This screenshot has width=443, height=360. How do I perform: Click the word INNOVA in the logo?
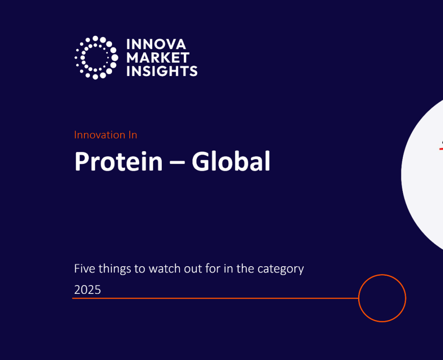coord(156,44)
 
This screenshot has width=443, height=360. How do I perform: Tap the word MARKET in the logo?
coord(157,58)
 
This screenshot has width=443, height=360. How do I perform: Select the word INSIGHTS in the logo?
coord(162,71)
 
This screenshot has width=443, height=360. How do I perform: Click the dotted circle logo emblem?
coord(96,57)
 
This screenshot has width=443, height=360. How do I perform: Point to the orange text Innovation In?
coord(106,135)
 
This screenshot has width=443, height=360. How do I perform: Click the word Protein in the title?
coord(119,161)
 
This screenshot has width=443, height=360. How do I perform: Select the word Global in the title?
coord(231,161)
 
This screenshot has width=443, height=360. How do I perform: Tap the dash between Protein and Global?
coord(177,163)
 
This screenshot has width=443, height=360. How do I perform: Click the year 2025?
coord(87,290)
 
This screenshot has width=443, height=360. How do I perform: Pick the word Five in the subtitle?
coord(84,268)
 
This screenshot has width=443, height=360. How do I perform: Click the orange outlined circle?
coord(382,275)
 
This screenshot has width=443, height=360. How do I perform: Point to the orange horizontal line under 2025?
coord(215,298)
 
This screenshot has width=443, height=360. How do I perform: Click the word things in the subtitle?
coord(115,269)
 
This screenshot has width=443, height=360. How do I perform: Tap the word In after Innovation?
coord(133,135)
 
